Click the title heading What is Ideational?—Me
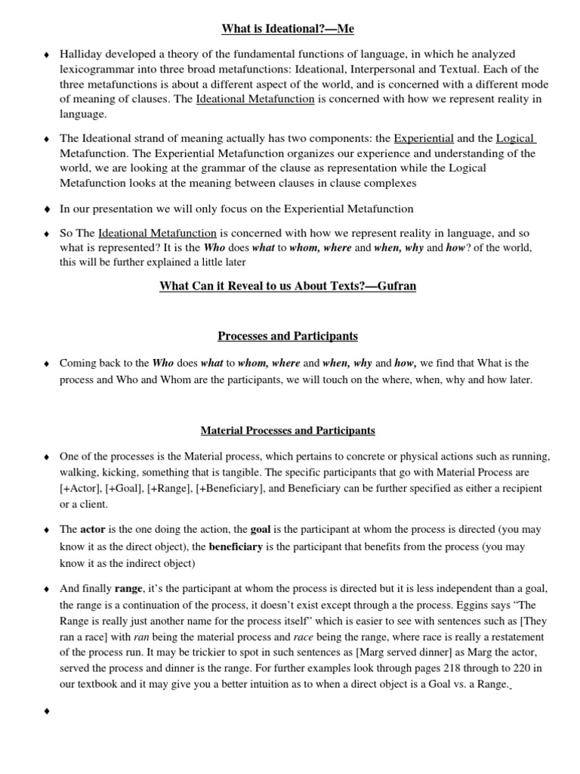click(x=287, y=29)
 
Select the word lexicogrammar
click(x=97, y=70)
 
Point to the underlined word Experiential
click(x=424, y=138)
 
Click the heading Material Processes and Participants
click(x=287, y=431)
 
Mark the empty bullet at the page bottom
click(x=48, y=711)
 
